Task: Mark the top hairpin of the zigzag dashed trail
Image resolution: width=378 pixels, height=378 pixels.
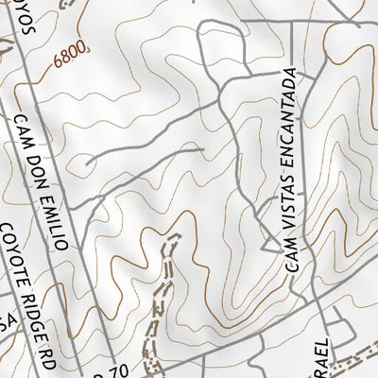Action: tap(174, 235)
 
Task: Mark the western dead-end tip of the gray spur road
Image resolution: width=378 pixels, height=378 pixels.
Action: tap(87, 164)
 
